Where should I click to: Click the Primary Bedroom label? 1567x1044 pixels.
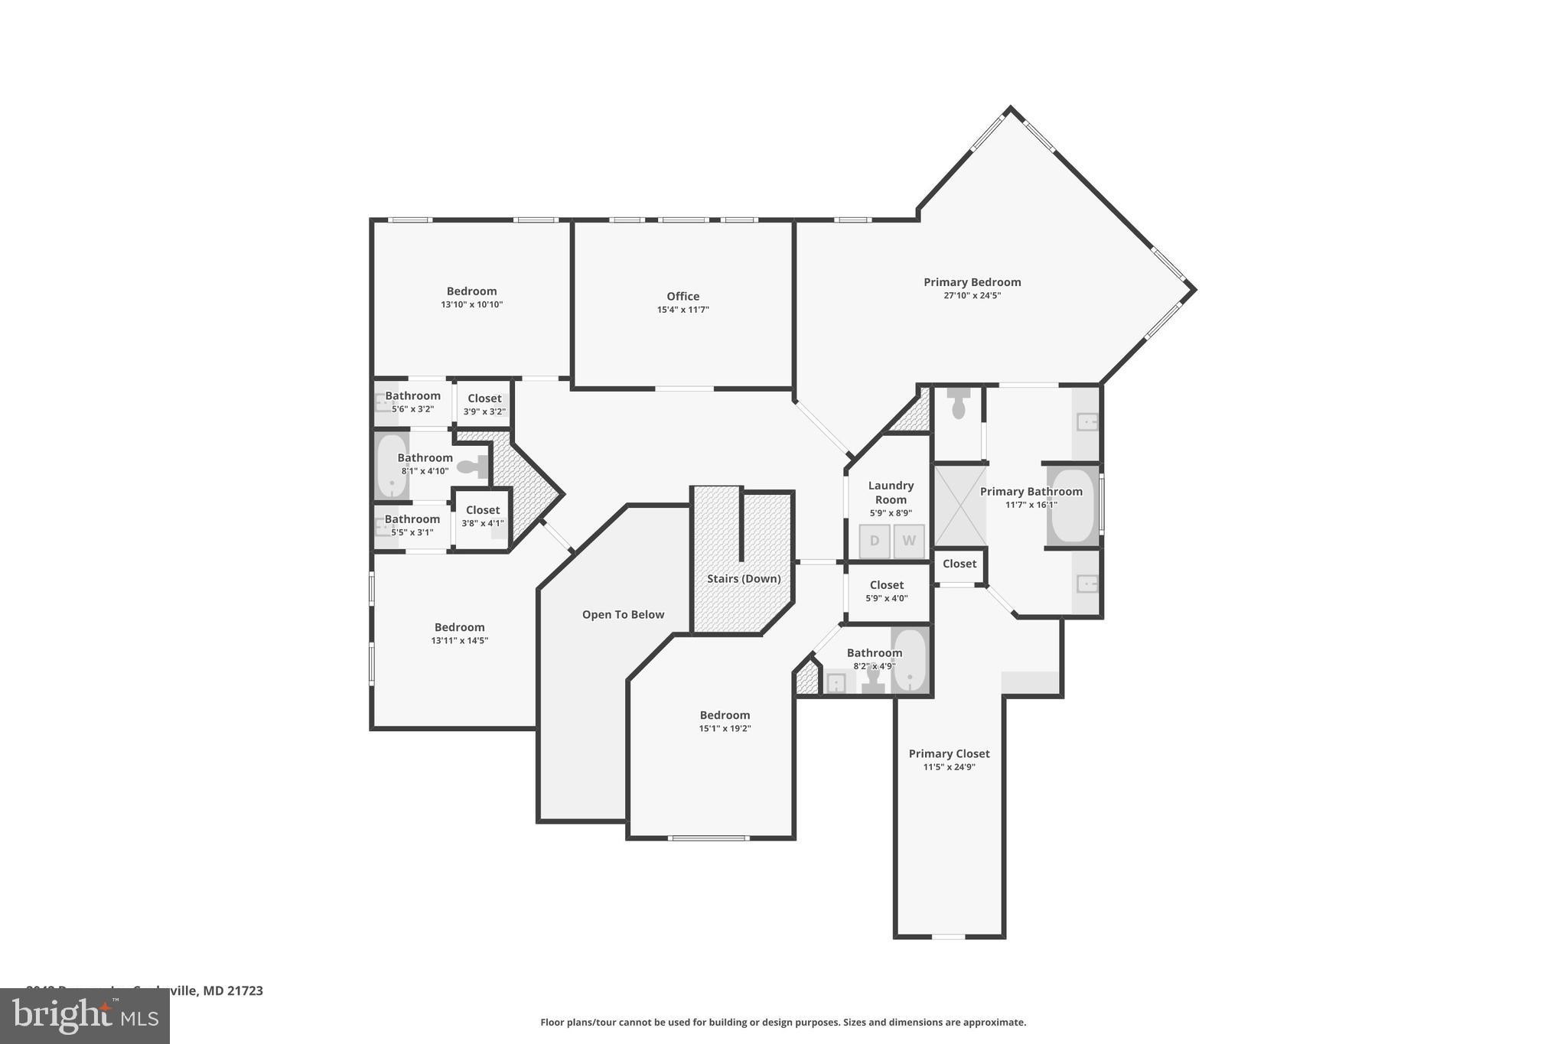click(972, 282)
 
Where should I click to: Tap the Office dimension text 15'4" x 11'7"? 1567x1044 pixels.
click(683, 310)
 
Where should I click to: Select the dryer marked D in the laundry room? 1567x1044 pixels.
click(874, 541)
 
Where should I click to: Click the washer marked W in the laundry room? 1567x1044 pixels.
click(909, 541)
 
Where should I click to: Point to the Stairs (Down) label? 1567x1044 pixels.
click(744, 578)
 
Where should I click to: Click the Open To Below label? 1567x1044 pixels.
click(623, 614)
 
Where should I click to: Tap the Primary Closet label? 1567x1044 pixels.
click(949, 753)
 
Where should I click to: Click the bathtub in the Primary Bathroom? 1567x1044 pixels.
click(1073, 505)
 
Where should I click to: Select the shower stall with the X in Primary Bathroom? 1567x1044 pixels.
click(959, 505)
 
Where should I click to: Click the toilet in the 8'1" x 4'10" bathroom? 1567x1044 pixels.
click(470, 466)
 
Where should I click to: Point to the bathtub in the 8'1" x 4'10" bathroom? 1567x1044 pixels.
click(391, 467)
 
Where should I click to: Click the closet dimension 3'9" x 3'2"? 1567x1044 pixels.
click(484, 411)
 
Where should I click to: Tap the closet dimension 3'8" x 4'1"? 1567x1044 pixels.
click(482, 523)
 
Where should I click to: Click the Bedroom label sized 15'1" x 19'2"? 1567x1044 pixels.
click(725, 715)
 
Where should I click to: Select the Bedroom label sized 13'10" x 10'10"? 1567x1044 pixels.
click(471, 291)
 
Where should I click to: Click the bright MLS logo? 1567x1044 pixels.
click(84, 1016)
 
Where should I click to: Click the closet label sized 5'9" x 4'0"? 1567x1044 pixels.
click(886, 585)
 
